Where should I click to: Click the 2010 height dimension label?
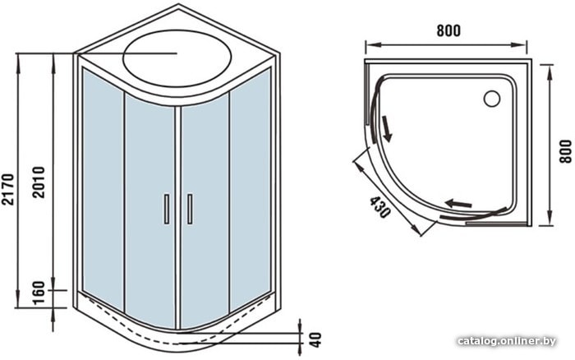coord(38,182)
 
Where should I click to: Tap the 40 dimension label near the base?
coord(315,339)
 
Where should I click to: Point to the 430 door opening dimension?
coord(379,207)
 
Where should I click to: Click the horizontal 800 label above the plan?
coord(448,31)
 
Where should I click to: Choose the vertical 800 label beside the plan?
coord(566,151)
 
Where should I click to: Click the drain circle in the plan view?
coord(492,99)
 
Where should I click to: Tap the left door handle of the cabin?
coord(167,209)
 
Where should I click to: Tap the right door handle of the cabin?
coord(190,209)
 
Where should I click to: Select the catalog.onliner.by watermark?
coord(507,341)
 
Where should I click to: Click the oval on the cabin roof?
coord(177,58)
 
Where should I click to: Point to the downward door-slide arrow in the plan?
coord(387,128)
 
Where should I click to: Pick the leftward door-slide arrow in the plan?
coord(458,203)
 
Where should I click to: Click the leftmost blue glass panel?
coord(103,188)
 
